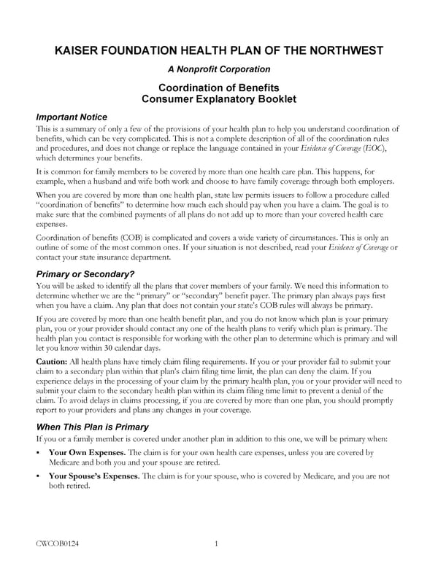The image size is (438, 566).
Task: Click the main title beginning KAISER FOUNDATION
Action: tap(219, 50)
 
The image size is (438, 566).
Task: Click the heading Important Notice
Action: tap(72, 117)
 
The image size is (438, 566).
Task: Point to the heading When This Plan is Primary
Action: tap(99, 426)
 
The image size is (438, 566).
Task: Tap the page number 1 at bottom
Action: tap(217, 543)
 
